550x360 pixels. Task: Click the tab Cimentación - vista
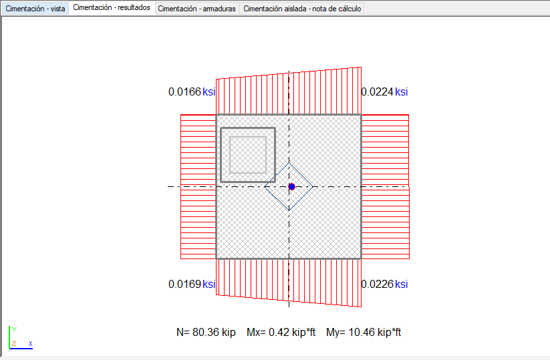click(x=35, y=9)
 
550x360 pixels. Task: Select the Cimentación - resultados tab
click(x=112, y=7)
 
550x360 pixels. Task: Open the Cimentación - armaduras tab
click(x=196, y=9)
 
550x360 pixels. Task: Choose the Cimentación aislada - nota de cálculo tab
click(x=302, y=9)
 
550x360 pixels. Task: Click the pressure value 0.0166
click(x=184, y=92)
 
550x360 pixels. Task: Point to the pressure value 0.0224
click(x=378, y=92)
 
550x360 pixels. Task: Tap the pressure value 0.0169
click(x=184, y=284)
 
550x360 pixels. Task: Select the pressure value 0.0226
click(x=378, y=284)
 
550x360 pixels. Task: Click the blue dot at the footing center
click(x=291, y=186)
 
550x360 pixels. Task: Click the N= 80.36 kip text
click(x=206, y=332)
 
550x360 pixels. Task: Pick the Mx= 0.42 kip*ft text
click(x=281, y=332)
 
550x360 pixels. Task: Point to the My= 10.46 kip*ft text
click(x=364, y=332)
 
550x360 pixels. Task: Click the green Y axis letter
click(x=15, y=329)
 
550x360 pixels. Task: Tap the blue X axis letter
click(x=31, y=343)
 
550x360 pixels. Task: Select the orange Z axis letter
click(x=14, y=343)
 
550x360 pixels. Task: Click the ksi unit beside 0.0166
click(x=209, y=92)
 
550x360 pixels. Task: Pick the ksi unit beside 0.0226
click(x=401, y=284)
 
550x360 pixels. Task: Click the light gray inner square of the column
click(x=248, y=137)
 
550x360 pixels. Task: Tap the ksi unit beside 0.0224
click(x=401, y=92)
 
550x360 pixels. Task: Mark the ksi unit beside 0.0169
click(x=209, y=284)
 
